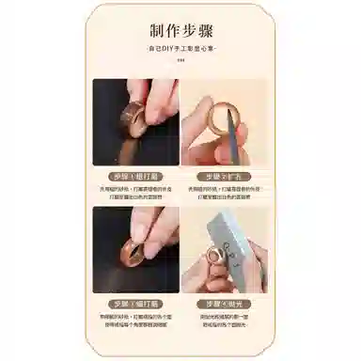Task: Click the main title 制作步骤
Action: [180, 29]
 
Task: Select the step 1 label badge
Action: [135, 175]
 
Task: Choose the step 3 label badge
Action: [135, 303]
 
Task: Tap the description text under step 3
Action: [135, 319]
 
